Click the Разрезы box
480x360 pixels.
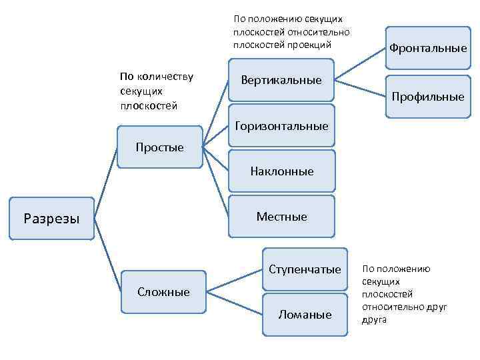(x=51, y=218)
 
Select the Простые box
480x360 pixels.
(x=159, y=147)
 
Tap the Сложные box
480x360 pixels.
(x=163, y=292)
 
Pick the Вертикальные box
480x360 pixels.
(x=281, y=81)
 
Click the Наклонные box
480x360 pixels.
(x=281, y=171)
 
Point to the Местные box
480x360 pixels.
(x=281, y=217)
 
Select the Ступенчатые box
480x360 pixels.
(x=305, y=269)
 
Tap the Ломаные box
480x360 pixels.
(x=305, y=315)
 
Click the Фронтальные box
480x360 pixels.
(x=428, y=48)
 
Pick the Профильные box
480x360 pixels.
(x=428, y=97)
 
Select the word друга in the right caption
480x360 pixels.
(x=374, y=319)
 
